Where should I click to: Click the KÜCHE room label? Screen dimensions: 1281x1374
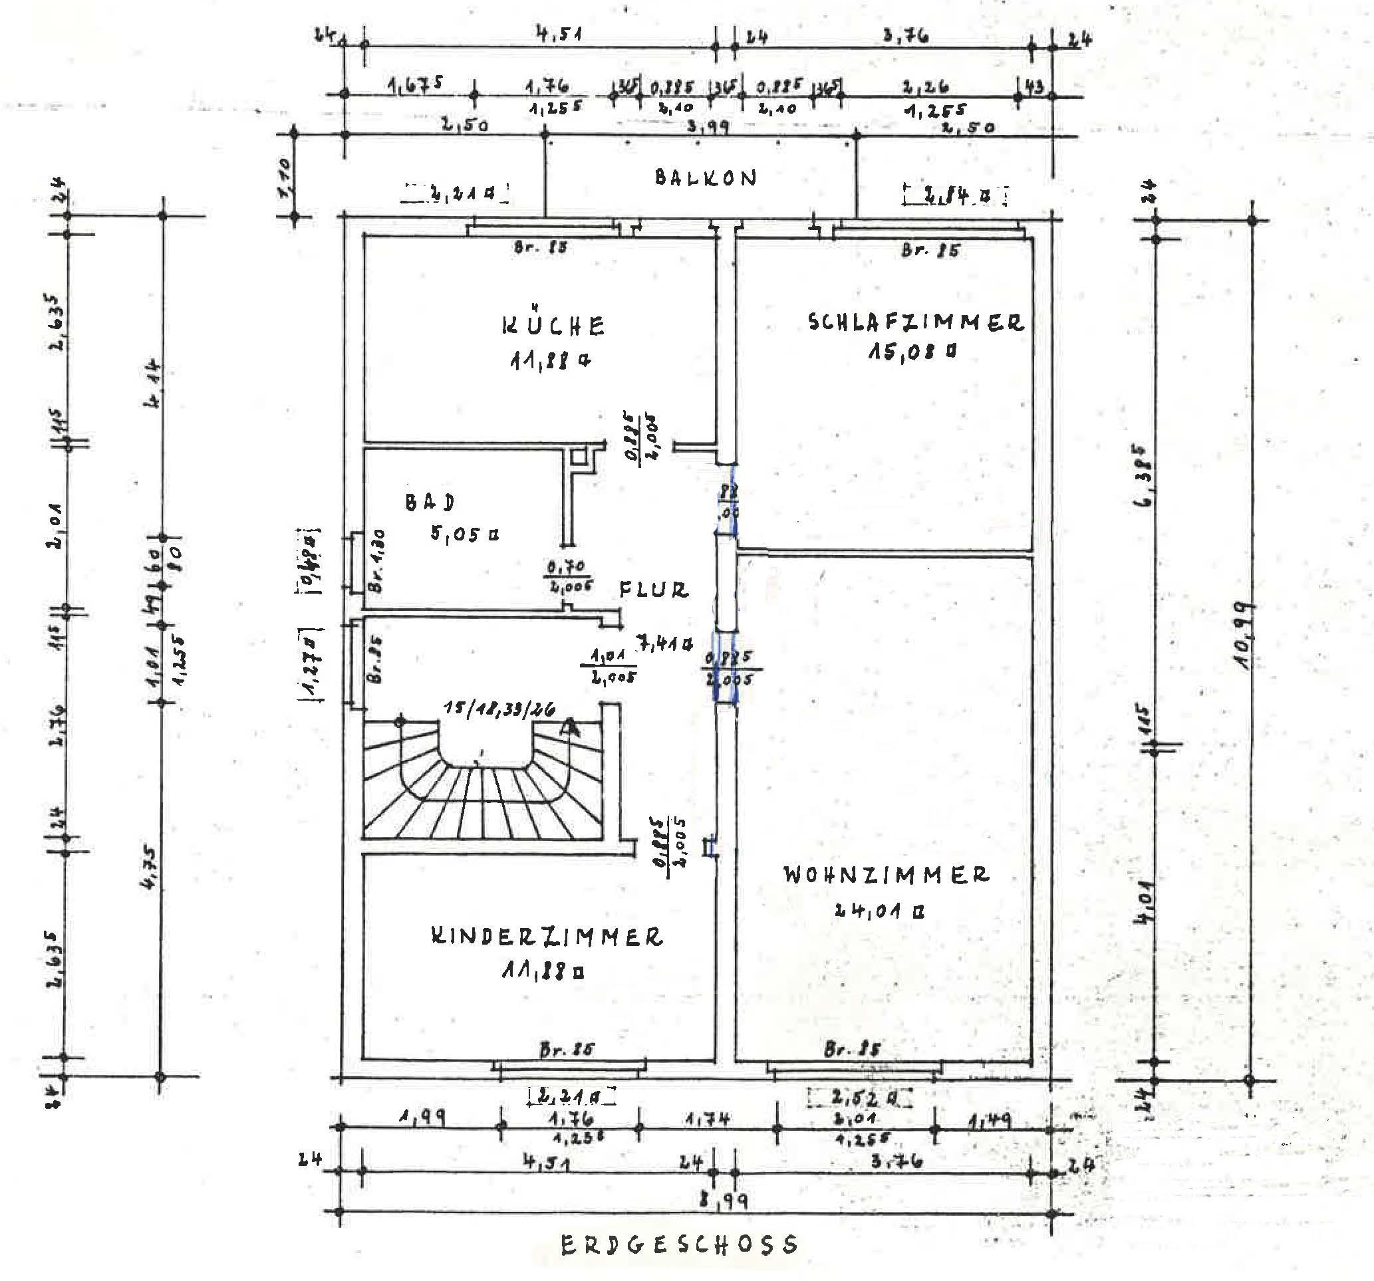click(x=553, y=326)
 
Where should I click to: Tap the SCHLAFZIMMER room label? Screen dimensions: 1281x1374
click(x=916, y=322)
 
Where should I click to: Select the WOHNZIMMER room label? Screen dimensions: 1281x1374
click(x=886, y=875)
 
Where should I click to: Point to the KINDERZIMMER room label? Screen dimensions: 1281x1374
click(x=547, y=937)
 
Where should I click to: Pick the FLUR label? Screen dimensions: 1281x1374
click(x=653, y=590)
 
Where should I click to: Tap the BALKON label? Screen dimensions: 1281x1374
click(x=706, y=178)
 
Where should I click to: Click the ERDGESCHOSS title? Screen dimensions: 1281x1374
click(x=680, y=1245)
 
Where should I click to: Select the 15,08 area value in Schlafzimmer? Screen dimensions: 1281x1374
click(x=912, y=352)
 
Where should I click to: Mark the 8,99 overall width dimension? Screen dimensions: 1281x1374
click(x=723, y=1201)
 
